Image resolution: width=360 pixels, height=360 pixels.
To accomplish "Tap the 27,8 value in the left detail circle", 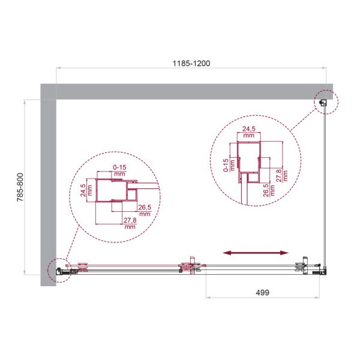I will click(x=129, y=224).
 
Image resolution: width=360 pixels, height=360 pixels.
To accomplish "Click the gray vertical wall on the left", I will click(x=48, y=180).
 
